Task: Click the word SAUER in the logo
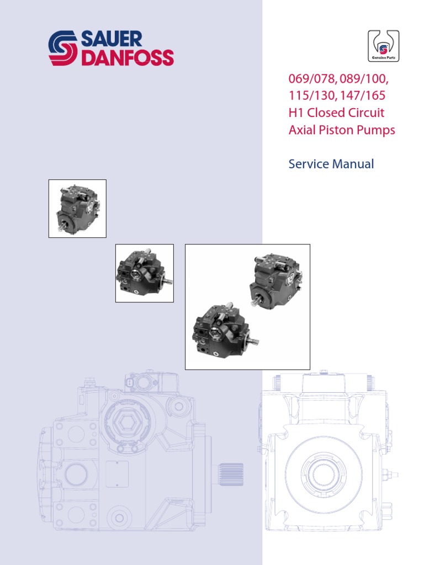(x=112, y=39)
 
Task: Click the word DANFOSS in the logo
(x=128, y=57)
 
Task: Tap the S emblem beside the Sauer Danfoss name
(x=63, y=49)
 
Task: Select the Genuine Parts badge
(x=383, y=46)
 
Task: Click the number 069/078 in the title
(x=313, y=78)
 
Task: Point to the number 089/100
(x=364, y=78)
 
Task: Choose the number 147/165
(x=363, y=95)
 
